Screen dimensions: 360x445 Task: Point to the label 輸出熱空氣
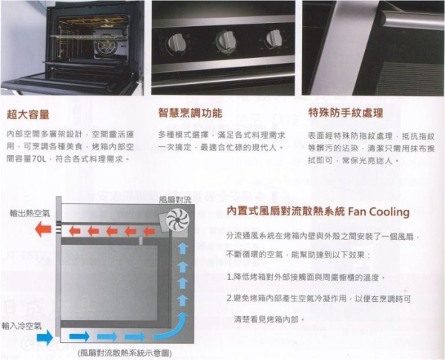[30, 212]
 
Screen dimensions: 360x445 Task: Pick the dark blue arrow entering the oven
[44, 338]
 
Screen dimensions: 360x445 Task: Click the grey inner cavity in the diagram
[108, 282]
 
